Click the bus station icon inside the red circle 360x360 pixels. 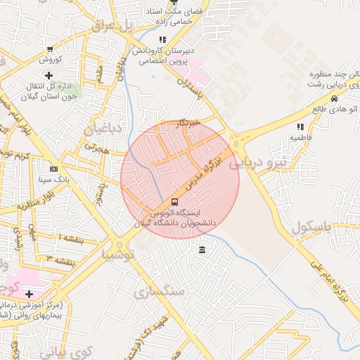pos(174,201)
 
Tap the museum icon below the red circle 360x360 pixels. pos(202,251)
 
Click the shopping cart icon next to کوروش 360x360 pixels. pos(49,49)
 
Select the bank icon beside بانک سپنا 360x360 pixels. pos(54,169)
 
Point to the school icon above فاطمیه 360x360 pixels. pos(301,127)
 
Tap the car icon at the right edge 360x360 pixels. pos(342,108)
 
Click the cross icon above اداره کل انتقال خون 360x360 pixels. pos(49,75)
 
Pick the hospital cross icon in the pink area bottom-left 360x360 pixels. pos(29,294)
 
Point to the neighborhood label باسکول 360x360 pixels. pos(309,228)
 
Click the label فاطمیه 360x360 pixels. pos(302,139)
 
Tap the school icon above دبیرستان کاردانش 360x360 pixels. pos(162,39)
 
